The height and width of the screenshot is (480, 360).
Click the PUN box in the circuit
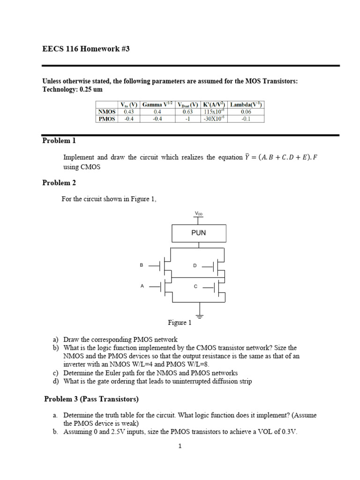(x=199, y=232)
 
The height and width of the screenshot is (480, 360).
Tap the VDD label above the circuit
(x=199, y=214)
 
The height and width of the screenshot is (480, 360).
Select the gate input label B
(x=141, y=265)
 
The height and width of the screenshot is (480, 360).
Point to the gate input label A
(x=141, y=285)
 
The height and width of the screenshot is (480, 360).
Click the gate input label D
(x=195, y=266)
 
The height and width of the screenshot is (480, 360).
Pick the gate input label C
(x=195, y=286)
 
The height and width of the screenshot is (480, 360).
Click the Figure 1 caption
(x=180, y=322)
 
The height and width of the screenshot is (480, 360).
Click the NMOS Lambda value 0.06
(x=246, y=112)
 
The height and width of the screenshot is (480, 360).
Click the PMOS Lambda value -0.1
(x=246, y=119)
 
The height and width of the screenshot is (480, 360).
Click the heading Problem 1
(x=59, y=141)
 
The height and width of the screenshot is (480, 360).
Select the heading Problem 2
(x=59, y=183)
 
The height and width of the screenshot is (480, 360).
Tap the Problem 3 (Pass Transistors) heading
(x=91, y=399)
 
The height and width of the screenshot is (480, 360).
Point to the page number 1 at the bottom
(x=180, y=446)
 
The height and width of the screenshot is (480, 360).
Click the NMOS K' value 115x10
(x=214, y=112)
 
